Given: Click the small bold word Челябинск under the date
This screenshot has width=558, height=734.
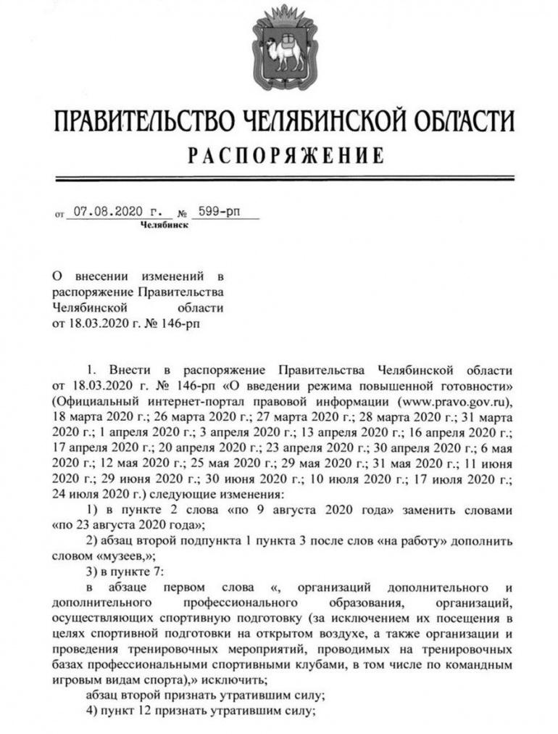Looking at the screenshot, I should [165, 226].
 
